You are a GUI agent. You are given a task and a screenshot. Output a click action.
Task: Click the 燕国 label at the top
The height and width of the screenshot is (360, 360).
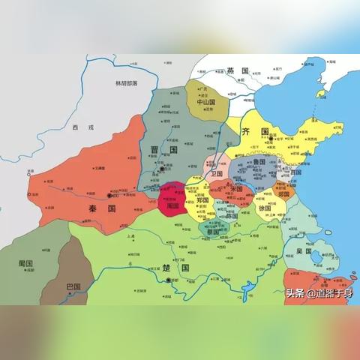237,70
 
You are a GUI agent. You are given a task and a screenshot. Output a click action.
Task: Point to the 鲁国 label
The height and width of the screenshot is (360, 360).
259,161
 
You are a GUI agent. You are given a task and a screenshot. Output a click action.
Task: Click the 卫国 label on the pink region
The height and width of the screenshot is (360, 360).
217,173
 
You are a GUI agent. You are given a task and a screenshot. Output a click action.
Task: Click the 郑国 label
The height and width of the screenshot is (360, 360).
203,201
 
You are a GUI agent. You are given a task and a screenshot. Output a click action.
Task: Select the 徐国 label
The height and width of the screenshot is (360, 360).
263,207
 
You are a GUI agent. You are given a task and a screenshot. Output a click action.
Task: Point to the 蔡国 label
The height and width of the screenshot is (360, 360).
214,232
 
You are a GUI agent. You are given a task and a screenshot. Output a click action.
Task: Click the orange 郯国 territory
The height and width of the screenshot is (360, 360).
283,193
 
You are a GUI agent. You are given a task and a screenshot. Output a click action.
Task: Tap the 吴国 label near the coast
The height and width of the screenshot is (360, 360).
303,251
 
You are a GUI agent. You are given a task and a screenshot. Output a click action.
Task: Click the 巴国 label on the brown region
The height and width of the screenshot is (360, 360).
73,286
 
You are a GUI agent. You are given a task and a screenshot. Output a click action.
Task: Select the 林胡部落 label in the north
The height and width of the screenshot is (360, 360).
126,84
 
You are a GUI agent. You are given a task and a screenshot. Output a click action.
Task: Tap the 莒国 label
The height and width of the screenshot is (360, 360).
295,172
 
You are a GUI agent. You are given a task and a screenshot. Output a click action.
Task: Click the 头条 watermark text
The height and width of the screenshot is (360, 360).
295,292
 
